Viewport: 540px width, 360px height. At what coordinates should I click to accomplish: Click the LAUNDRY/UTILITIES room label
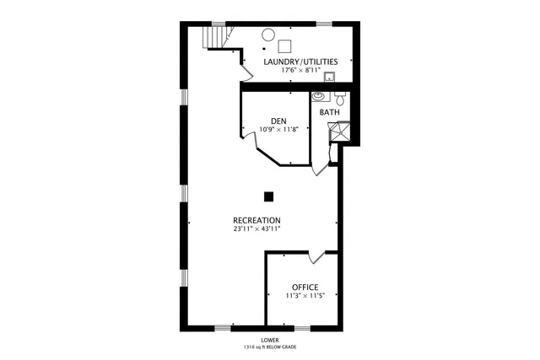(300, 62)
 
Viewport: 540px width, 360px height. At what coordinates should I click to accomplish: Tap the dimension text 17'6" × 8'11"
(300, 70)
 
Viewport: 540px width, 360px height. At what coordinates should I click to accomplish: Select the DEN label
(278, 121)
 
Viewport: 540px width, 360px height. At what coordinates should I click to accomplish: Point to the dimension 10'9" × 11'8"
(278, 130)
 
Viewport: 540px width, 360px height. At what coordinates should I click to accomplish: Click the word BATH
(330, 112)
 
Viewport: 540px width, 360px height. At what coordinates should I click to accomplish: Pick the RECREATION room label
(256, 220)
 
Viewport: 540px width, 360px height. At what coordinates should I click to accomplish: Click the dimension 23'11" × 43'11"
(256, 228)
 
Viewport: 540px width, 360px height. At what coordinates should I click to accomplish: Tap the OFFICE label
(305, 287)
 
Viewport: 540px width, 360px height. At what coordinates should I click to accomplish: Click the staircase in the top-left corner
(216, 37)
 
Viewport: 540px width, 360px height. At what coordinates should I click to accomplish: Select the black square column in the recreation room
(268, 197)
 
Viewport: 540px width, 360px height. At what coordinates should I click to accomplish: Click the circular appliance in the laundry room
(267, 35)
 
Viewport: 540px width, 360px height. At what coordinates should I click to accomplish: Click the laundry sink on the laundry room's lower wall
(331, 78)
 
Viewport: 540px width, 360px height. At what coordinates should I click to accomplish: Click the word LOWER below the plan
(270, 340)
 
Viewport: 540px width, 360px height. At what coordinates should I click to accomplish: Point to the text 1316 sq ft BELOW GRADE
(270, 347)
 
